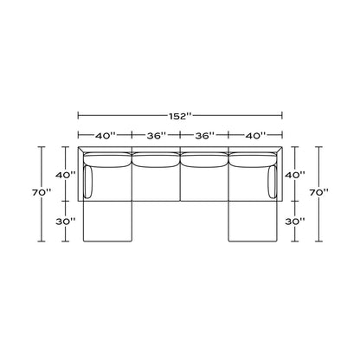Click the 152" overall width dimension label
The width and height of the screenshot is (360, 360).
coord(180,116)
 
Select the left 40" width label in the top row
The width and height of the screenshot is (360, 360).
coord(105,135)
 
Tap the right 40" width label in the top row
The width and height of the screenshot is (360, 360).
coord(255,135)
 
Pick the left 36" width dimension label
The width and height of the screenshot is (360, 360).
coord(157,135)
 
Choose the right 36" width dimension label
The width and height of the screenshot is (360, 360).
coord(205,135)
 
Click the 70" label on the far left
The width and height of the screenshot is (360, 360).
coord(42,192)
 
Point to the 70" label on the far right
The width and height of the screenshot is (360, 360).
coord(319,192)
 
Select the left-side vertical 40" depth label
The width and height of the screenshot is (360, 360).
coord(66,175)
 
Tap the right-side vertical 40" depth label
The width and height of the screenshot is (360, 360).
coord(295,175)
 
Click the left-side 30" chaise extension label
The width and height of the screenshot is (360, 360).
coord(66,222)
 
